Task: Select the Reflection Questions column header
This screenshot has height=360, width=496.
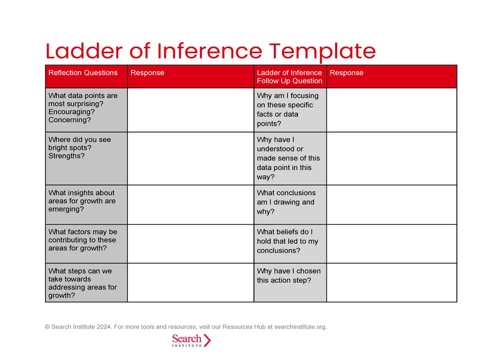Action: click(83, 73)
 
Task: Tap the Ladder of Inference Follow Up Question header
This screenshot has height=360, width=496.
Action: click(289, 77)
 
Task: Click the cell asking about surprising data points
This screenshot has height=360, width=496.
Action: click(83, 108)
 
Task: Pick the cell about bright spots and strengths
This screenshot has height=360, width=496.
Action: click(80, 148)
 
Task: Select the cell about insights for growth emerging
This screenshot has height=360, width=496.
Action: click(82, 201)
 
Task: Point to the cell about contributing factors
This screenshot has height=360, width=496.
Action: click(83, 240)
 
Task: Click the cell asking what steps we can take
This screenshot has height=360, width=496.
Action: click(83, 283)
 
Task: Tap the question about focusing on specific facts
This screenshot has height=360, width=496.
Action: click(288, 110)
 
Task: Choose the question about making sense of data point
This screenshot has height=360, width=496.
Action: click(288, 158)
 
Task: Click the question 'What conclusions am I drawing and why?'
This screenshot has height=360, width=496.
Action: click(286, 202)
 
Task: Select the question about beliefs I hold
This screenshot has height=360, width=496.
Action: click(288, 241)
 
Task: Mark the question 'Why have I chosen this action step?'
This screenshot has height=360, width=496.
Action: click(289, 276)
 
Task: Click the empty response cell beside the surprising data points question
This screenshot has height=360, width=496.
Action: click(190, 110)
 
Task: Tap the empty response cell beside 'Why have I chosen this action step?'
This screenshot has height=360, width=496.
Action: click(391, 283)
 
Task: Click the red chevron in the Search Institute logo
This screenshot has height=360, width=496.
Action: click(207, 340)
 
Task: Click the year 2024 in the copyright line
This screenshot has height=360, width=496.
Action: click(104, 327)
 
